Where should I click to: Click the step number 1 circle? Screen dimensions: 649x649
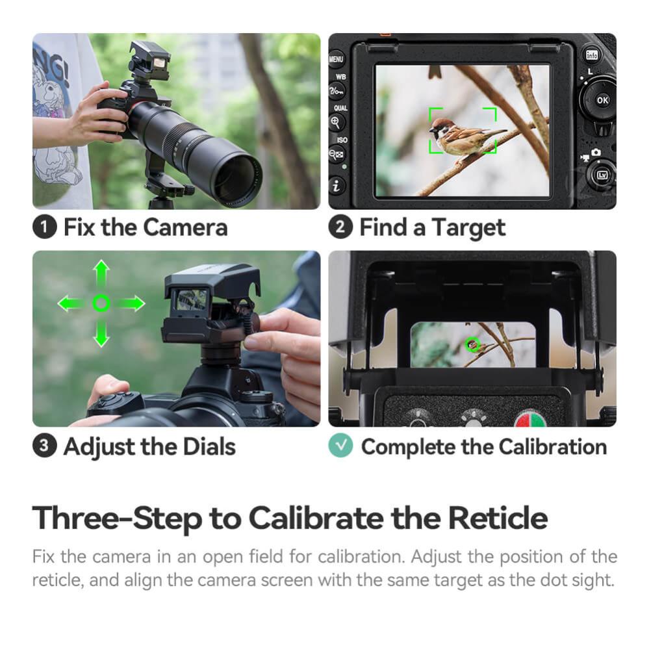tap(44, 228)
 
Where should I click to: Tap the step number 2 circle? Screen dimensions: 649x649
tap(340, 228)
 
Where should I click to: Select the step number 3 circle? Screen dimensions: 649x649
tap(44, 446)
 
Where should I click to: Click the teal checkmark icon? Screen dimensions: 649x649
tap(340, 446)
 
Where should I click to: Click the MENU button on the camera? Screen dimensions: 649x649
tap(337, 59)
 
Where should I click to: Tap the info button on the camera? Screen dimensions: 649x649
tap(592, 55)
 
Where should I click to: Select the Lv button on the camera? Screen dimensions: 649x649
tap(601, 175)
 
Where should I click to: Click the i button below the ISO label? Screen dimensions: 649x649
tap(337, 186)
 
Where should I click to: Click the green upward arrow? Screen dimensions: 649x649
tap(101, 274)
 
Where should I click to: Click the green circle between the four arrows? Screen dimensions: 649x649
tap(101, 303)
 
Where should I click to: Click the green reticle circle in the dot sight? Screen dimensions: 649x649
tap(472, 346)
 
